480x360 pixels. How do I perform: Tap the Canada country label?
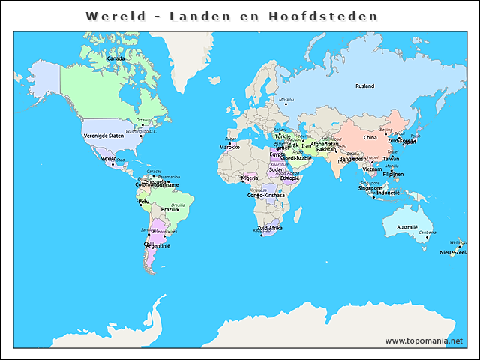point(115,58)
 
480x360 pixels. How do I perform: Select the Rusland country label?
point(364,86)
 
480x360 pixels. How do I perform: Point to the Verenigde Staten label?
point(103,136)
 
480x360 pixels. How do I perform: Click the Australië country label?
point(406,227)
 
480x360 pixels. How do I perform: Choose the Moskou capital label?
point(286,100)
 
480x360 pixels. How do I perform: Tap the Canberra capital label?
point(427,232)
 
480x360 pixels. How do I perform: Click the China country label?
point(370,138)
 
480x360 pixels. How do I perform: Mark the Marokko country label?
point(229,148)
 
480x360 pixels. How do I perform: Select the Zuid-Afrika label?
point(269,228)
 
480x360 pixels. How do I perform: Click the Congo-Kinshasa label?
point(266,196)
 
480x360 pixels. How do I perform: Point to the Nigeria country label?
point(250,178)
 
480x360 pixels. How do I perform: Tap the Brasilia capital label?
point(178,205)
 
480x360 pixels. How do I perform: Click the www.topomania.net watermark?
point(424,340)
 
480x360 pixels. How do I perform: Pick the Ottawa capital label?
point(142,120)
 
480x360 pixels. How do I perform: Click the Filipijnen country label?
point(393,175)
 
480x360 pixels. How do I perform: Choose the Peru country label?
point(144,202)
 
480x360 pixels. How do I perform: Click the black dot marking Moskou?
point(281,106)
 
